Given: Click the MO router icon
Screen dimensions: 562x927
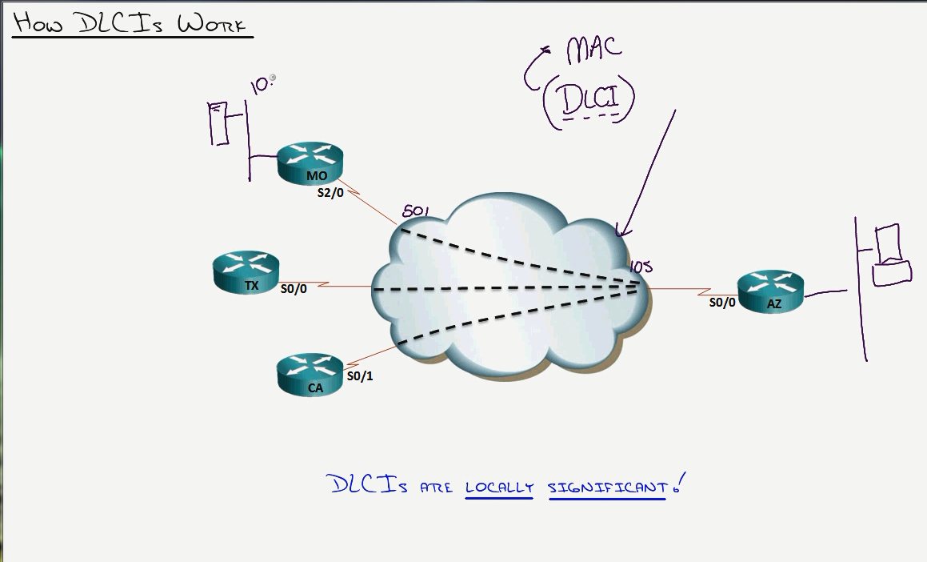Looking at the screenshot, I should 310,163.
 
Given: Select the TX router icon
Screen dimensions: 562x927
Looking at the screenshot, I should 246,271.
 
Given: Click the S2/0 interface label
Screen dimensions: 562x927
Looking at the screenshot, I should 330,193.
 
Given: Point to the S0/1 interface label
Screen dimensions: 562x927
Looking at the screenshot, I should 360,375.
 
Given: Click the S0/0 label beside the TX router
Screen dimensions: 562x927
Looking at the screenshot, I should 294,289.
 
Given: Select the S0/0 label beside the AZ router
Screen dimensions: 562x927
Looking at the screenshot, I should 722,303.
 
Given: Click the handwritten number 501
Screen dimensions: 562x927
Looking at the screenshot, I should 416,212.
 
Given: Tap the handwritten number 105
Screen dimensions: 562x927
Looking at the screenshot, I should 641,267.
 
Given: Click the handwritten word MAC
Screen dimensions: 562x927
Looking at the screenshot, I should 593,49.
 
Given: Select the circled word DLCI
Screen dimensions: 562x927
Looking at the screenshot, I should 589,101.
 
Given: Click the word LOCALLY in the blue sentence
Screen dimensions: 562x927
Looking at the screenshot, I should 499,487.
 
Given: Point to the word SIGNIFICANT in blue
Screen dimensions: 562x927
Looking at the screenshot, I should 607,487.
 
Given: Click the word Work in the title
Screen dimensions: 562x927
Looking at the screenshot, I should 212,23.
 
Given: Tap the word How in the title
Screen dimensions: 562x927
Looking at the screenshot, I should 38,22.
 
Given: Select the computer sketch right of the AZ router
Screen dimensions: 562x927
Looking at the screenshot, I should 890,255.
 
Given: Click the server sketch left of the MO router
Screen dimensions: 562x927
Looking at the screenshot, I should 218,123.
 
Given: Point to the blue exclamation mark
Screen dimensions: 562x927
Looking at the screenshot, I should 680,484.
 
